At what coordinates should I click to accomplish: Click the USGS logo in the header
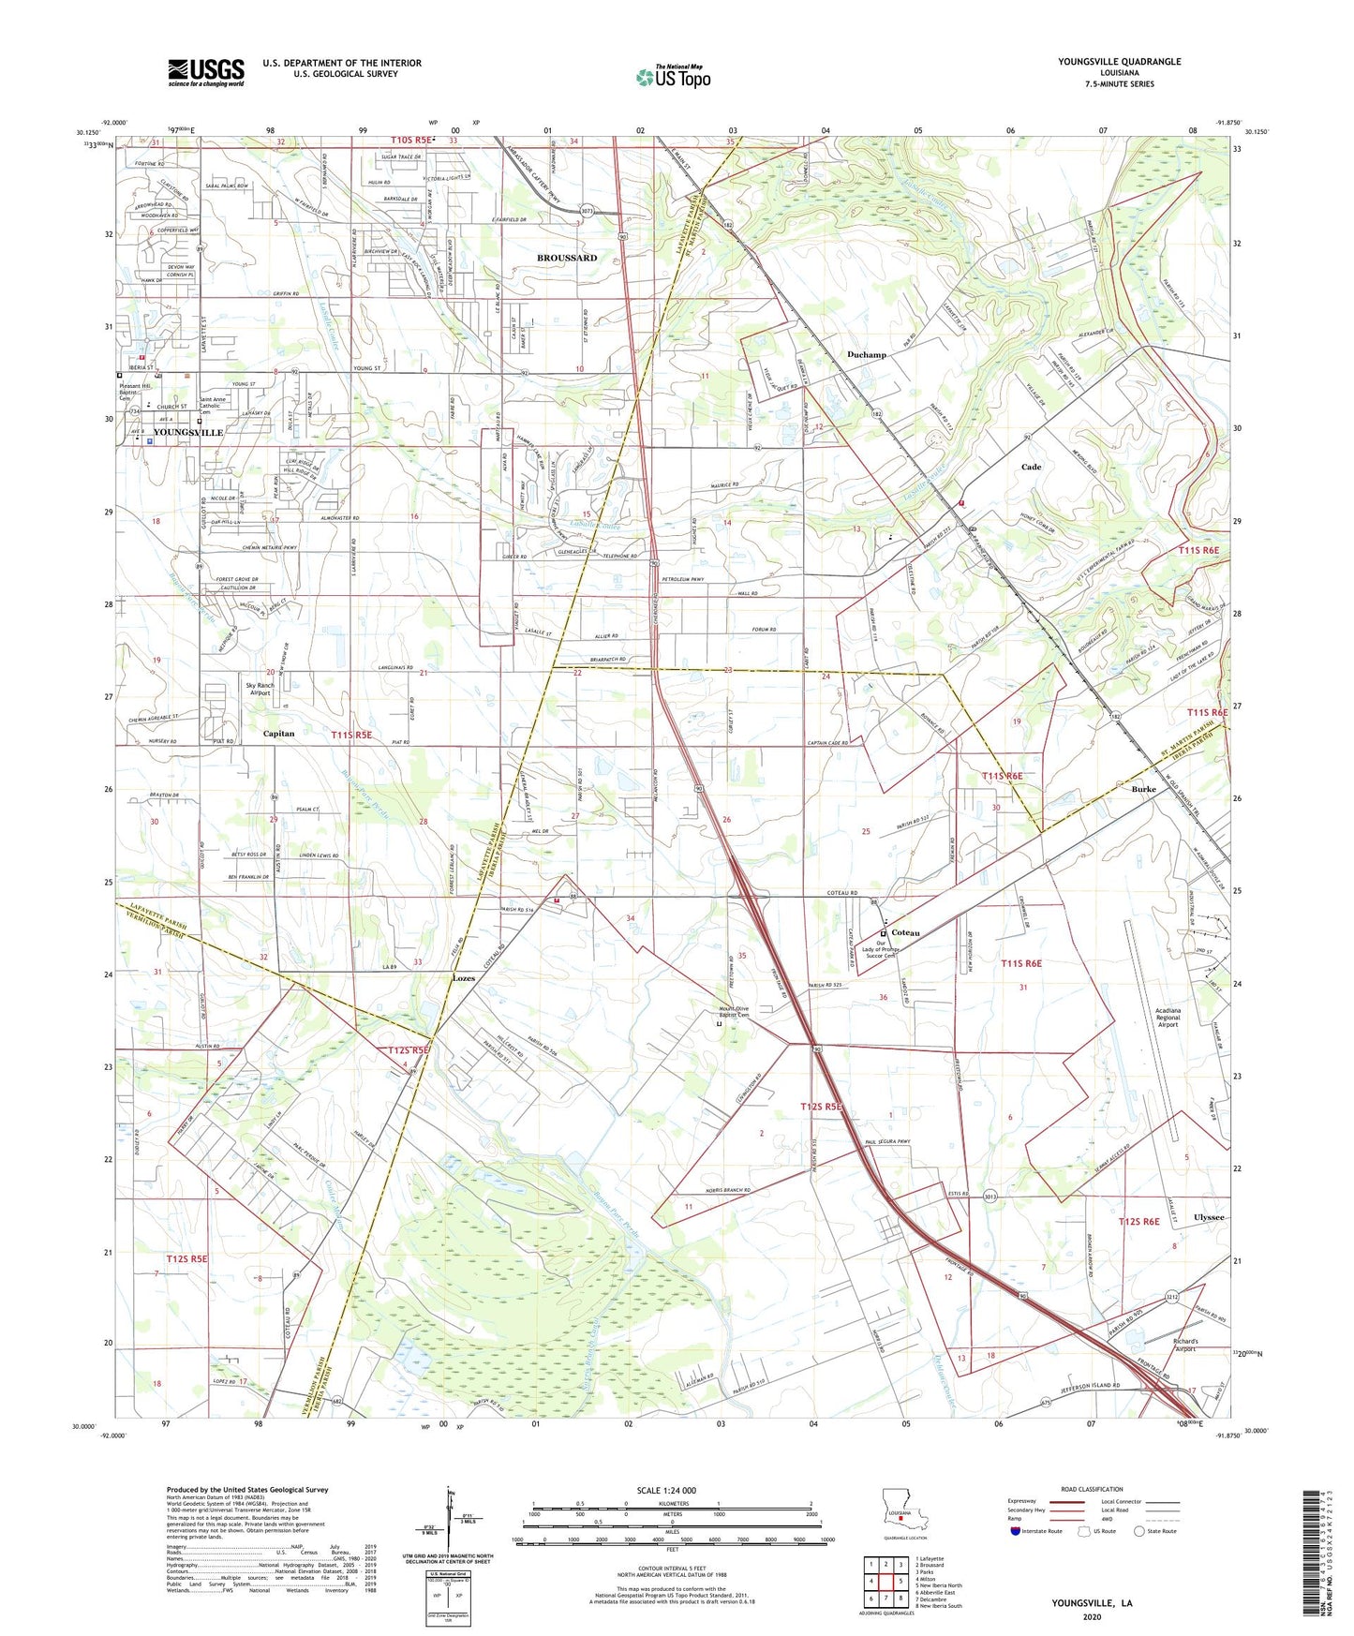[206, 72]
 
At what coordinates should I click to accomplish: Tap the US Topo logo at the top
[672, 77]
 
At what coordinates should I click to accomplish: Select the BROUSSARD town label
[566, 258]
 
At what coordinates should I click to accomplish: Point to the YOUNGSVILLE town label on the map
[187, 433]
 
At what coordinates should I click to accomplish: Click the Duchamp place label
[866, 355]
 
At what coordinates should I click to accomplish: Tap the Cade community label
[1031, 467]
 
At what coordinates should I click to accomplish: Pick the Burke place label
[1143, 790]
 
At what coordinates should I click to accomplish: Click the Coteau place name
[905, 933]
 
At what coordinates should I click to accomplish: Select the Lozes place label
[464, 978]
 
